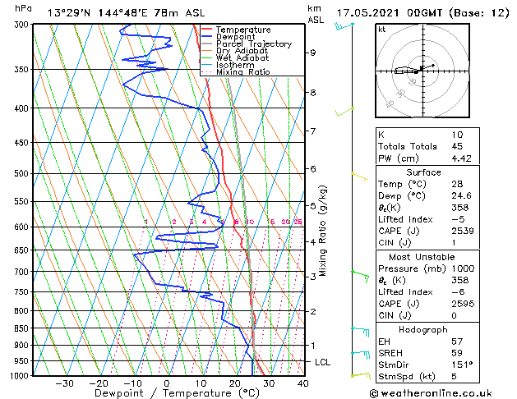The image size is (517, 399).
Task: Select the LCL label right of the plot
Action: point(324,362)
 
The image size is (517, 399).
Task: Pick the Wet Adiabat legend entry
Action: point(242,57)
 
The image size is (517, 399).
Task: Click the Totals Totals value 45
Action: point(458,147)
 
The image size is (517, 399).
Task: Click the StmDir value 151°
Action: point(463,365)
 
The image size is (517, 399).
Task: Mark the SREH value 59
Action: point(458,353)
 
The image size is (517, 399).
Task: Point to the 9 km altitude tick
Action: point(313,53)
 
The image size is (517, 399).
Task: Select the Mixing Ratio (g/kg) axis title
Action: point(323,231)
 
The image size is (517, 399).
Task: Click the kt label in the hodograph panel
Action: point(381,30)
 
